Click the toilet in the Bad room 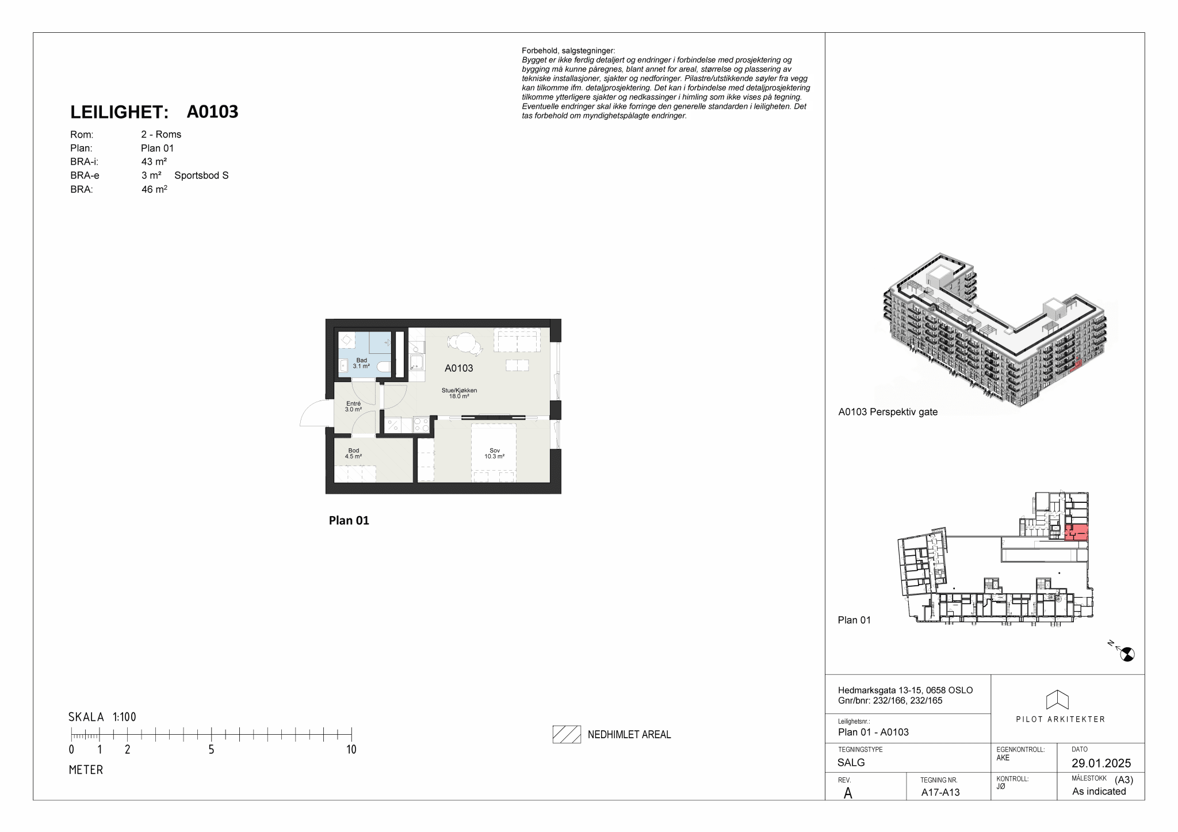pos(384,367)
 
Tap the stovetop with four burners pos(421,425)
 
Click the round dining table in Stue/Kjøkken pos(464,343)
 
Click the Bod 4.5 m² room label pos(353,453)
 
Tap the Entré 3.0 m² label pos(353,407)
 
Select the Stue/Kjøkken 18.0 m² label pos(459,393)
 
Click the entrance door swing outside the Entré pos(313,412)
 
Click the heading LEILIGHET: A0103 pos(154,112)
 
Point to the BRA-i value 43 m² pos(154,162)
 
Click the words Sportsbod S pos(201,175)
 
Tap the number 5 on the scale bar pos(212,750)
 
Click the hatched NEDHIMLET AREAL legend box pos(567,734)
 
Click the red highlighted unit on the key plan pos(1076,532)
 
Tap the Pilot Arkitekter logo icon pos(1057,700)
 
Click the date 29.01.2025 pos(1101,764)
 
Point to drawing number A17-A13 pos(940,792)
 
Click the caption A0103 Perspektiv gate pos(888,412)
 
